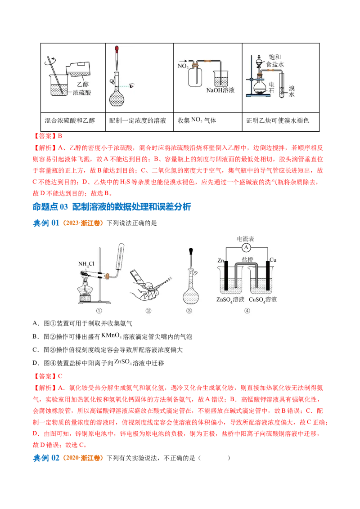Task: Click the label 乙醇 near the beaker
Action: [82, 84]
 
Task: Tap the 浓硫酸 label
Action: [83, 93]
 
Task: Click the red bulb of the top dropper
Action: [117, 47]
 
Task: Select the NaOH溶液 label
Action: [220, 90]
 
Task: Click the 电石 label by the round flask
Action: [271, 87]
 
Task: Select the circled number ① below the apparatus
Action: [99, 310]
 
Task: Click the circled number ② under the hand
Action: [148, 310]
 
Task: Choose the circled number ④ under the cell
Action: [247, 310]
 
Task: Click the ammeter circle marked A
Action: [246, 248]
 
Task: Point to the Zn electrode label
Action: [220, 260]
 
